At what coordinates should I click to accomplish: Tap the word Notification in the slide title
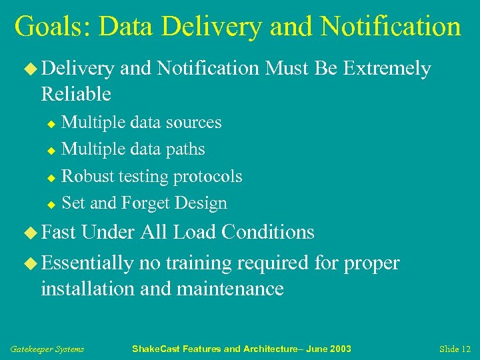(390, 27)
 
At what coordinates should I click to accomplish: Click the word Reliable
(76, 94)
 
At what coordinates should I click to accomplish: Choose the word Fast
(59, 232)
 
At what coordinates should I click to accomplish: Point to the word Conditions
(268, 232)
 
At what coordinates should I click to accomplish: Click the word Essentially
(87, 263)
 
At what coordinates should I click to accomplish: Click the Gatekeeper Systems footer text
(47, 349)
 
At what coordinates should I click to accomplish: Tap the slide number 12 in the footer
(464, 349)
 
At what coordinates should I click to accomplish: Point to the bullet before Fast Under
(32, 233)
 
